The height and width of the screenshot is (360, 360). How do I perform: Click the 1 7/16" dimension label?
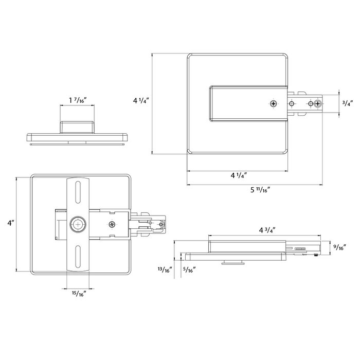coord(78,100)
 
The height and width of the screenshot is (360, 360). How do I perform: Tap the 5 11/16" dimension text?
coord(260,190)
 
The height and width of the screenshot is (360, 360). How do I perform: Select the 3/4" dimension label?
coord(347,103)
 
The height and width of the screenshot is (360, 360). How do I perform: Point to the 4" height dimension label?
coord(11,223)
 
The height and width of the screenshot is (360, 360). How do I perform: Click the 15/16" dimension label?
coord(79,294)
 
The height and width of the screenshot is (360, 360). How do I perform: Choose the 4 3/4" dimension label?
coord(267,230)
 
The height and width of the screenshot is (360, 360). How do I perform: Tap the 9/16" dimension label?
coord(340,247)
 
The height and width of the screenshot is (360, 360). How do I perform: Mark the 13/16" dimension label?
coord(165,270)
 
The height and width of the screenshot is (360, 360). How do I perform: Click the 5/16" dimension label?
coord(189,270)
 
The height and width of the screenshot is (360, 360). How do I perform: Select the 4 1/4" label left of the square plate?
coord(141,100)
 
